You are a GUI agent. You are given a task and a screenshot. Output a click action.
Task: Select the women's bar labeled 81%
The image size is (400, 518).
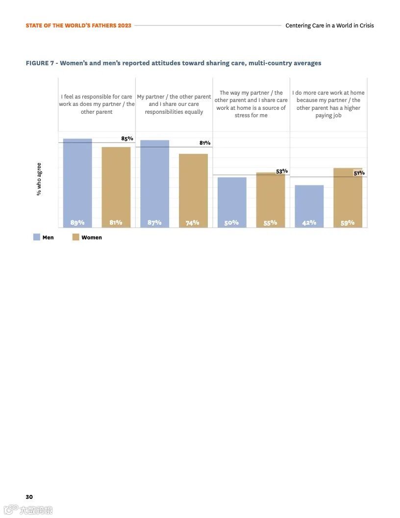116,187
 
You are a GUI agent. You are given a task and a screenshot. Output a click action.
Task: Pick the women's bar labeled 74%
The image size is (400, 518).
193,190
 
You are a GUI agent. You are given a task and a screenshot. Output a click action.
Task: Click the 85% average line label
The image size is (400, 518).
127,138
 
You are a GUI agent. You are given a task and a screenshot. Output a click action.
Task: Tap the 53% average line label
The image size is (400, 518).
281,171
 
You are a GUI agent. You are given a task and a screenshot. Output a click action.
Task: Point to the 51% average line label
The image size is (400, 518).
359,173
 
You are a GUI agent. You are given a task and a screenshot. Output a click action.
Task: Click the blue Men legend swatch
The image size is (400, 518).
37,237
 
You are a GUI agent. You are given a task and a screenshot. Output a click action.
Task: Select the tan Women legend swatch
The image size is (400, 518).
75,237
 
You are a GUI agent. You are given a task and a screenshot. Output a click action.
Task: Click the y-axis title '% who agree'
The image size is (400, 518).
39,179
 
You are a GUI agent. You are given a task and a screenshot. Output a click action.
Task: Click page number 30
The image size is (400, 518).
29,497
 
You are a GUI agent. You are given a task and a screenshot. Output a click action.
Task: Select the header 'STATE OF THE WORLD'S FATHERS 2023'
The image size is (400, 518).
78,26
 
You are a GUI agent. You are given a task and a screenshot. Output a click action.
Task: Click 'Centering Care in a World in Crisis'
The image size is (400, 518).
329,26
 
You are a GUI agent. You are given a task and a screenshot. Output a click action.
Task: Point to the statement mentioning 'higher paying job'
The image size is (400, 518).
328,104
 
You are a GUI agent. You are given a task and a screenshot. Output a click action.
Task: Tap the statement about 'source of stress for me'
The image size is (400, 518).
251,104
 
